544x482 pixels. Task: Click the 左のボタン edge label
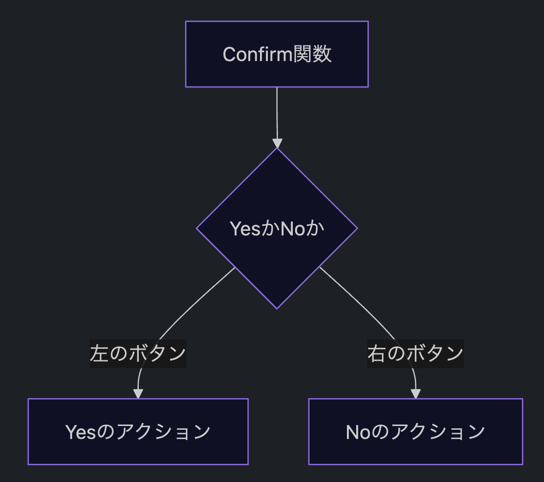[x=138, y=353]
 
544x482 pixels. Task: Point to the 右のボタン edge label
[x=415, y=353]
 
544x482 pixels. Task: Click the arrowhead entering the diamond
[x=277, y=143]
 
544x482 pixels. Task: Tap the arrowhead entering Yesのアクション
[x=138, y=394]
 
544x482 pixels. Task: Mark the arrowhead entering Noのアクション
[x=415, y=394]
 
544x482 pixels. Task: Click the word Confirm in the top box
[x=257, y=55]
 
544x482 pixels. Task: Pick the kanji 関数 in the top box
[x=312, y=55]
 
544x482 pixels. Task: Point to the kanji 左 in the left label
[x=99, y=353]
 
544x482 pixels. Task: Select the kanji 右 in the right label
[x=377, y=353]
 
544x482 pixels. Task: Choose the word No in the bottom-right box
[x=359, y=433]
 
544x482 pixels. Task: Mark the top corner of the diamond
[x=277, y=148]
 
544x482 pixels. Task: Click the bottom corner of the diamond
[x=277, y=309]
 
